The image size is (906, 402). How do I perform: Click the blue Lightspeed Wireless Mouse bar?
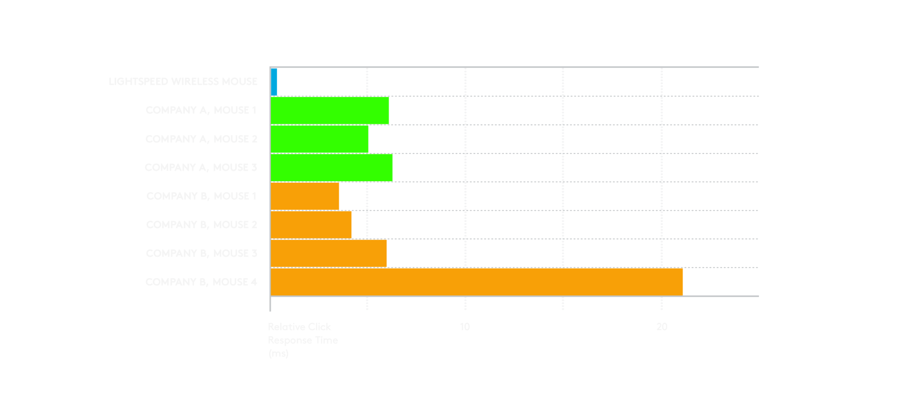tap(274, 82)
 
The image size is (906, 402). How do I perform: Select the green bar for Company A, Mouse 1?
tap(330, 110)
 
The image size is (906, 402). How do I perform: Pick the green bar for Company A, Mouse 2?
tap(320, 139)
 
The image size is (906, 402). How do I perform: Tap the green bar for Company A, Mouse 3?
tap(332, 168)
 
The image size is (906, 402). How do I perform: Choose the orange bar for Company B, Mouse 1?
tap(305, 196)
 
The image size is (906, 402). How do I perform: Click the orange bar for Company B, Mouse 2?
tap(311, 224)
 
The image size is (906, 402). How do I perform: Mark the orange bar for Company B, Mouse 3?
tap(329, 253)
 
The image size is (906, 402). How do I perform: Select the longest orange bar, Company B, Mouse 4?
tap(477, 282)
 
